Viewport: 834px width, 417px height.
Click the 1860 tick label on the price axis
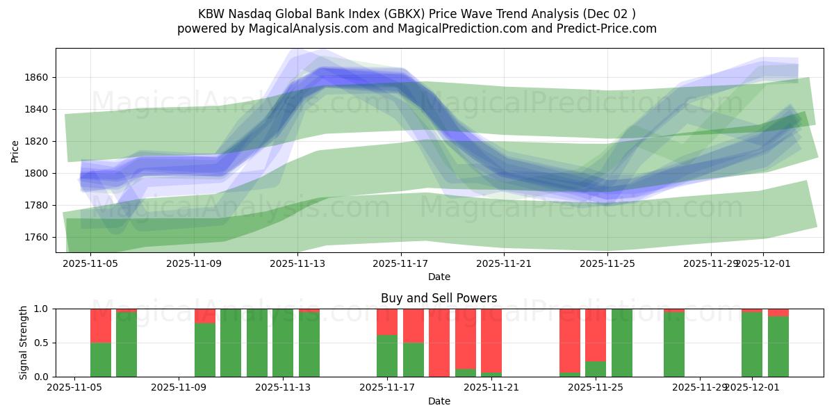click(x=37, y=77)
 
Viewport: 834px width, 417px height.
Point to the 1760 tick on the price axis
click(x=37, y=237)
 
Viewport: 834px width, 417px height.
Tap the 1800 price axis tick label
click(x=37, y=173)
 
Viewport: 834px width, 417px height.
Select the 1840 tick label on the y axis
click(x=37, y=109)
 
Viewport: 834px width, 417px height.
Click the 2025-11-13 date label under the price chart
click(x=297, y=264)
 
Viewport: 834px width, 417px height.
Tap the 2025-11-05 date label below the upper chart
click(x=91, y=264)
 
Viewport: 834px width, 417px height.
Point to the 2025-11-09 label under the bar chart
click(x=179, y=388)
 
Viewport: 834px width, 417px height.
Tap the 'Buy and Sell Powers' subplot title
click(x=439, y=298)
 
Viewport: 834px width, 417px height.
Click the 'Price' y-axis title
click(x=15, y=151)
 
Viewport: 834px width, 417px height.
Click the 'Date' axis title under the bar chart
click(x=439, y=401)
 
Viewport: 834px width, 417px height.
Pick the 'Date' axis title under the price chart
click(x=439, y=277)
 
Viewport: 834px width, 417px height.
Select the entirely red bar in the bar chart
click(x=439, y=343)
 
